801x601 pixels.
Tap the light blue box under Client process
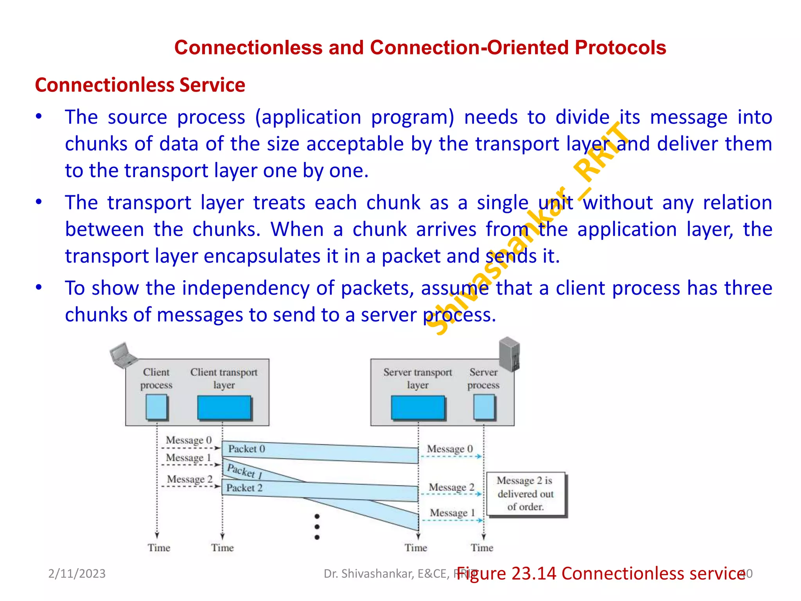point(156,407)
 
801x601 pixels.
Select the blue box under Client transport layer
point(224,407)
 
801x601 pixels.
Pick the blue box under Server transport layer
point(418,407)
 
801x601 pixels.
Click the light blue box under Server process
point(484,407)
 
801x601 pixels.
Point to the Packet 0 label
point(246,449)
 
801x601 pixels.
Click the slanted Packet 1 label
point(244,471)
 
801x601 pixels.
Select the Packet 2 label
point(244,488)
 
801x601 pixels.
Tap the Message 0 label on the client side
point(189,440)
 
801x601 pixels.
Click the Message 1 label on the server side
point(452,513)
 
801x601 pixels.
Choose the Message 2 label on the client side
point(189,479)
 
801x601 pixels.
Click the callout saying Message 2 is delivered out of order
point(525,493)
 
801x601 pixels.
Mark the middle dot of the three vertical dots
point(317,527)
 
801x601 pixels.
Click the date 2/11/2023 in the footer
point(77,574)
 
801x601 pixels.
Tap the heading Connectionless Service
point(140,85)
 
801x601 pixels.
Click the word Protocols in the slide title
point(620,48)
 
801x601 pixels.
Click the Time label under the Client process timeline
point(159,548)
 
